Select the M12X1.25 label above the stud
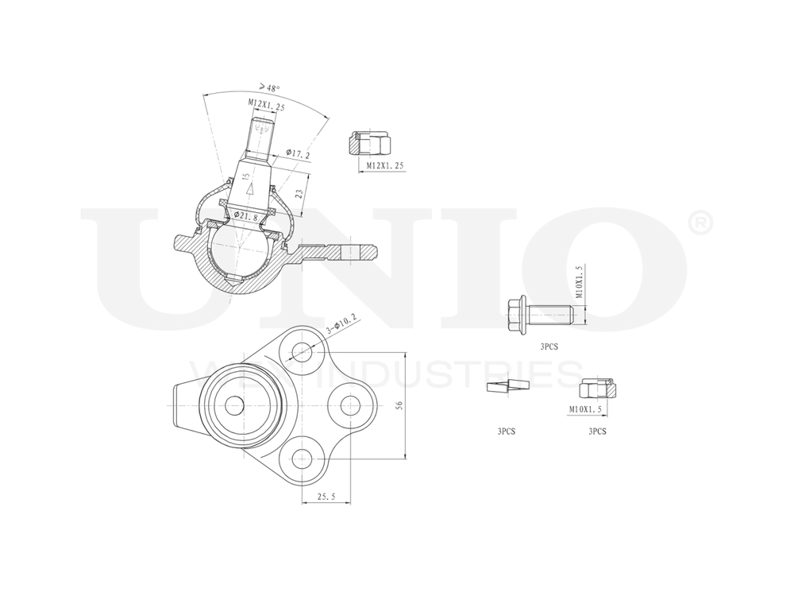[264, 103]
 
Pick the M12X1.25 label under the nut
[385, 165]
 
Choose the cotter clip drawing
[506, 388]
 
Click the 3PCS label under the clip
[507, 432]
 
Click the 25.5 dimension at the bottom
[325, 496]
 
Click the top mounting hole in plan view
[303, 351]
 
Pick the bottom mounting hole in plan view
[303, 458]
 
